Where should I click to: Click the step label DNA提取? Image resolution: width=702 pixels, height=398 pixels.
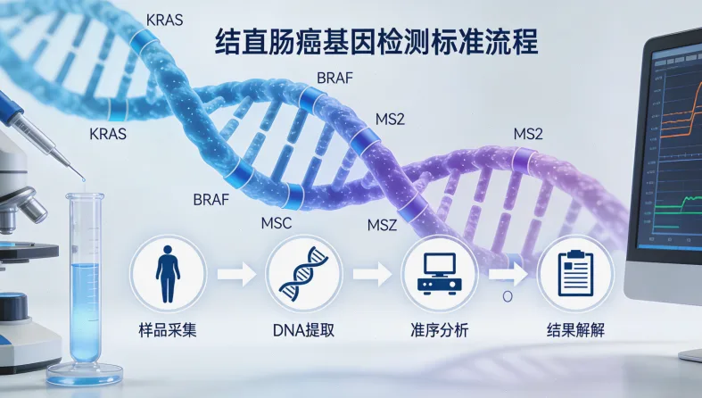pos(303,330)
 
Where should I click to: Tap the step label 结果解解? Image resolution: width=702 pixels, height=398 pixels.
pos(575,330)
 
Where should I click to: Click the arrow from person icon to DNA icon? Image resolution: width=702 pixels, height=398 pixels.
pos(234,273)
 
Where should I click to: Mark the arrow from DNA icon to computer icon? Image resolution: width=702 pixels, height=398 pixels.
pos(370,273)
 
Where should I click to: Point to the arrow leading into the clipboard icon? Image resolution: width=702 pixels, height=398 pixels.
pos(508,273)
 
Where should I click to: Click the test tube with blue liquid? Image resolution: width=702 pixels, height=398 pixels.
pos(87,286)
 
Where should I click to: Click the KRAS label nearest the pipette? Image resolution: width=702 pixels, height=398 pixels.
pos(109,135)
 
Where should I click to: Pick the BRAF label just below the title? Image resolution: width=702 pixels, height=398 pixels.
pos(335,78)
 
